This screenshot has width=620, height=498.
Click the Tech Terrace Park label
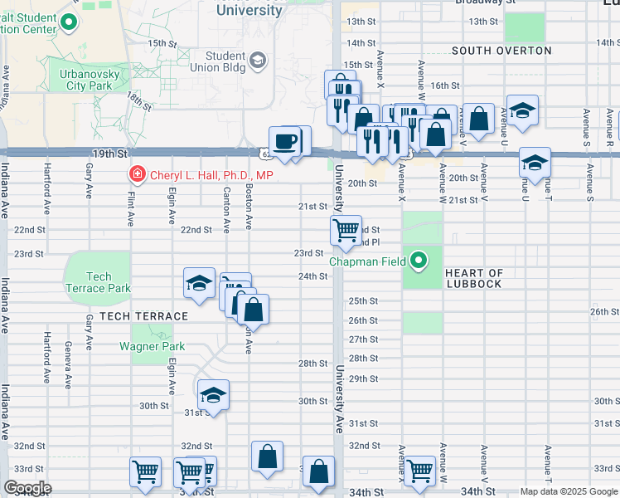tap(98, 282)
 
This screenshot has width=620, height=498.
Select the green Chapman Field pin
tap(419, 261)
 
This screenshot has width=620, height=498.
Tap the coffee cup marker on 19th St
tap(284, 140)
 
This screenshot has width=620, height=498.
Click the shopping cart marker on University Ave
tap(346, 229)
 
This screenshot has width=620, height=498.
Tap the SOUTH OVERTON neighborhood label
tap(501, 51)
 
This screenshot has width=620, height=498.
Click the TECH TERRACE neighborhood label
tap(144, 316)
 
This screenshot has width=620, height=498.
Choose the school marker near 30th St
tap(213, 393)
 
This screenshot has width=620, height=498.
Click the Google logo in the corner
tap(27, 488)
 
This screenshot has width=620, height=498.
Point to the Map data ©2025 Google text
tap(569, 491)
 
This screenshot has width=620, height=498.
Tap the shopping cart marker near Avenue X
tap(419, 471)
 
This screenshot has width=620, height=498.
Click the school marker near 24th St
tap(199, 283)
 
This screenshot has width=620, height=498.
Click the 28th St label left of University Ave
tap(312, 363)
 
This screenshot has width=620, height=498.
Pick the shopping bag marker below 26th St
tap(253, 309)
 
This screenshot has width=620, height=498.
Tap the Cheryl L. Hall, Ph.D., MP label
tap(211, 175)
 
